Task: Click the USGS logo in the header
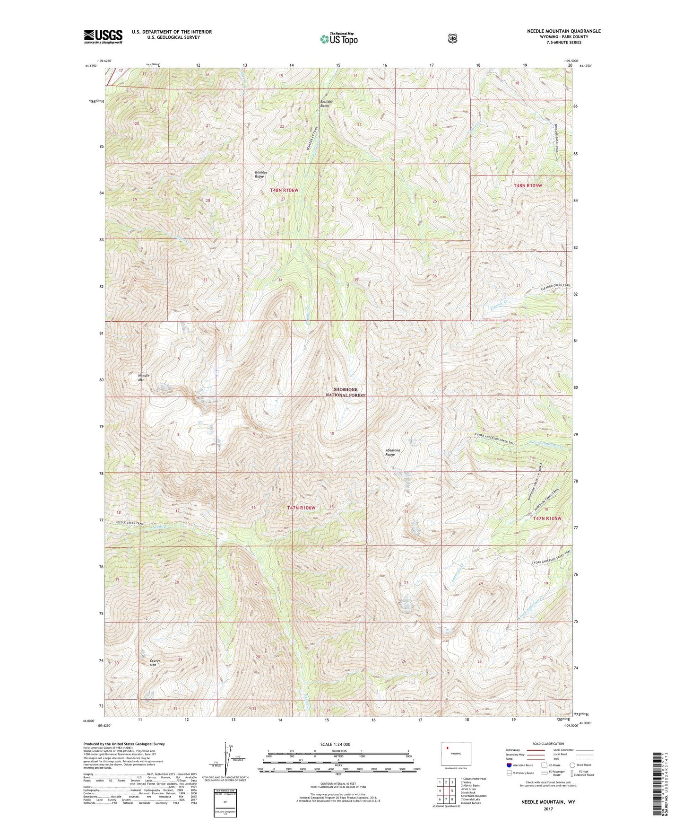103,36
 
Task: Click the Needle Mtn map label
143,378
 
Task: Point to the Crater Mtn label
155,663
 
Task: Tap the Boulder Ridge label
261,174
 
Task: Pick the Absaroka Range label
393,452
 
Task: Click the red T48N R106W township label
284,190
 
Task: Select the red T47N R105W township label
547,518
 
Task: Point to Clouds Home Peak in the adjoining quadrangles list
473,779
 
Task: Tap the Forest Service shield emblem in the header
452,38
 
